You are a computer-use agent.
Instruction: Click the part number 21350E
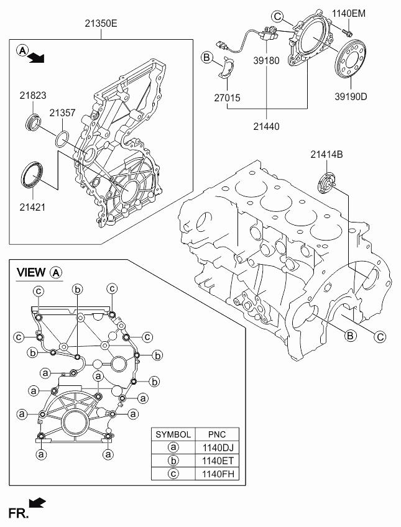(101, 24)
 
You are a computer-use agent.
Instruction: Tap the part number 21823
(32, 96)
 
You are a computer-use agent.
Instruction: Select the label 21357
(63, 112)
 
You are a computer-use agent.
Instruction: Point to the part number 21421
(32, 207)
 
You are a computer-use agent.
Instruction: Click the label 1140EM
(349, 14)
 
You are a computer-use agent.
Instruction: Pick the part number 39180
(266, 60)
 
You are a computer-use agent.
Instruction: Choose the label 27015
(227, 98)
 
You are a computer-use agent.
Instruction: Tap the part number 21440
(266, 126)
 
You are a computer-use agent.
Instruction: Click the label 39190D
(351, 96)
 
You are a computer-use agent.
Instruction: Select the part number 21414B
(326, 155)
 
